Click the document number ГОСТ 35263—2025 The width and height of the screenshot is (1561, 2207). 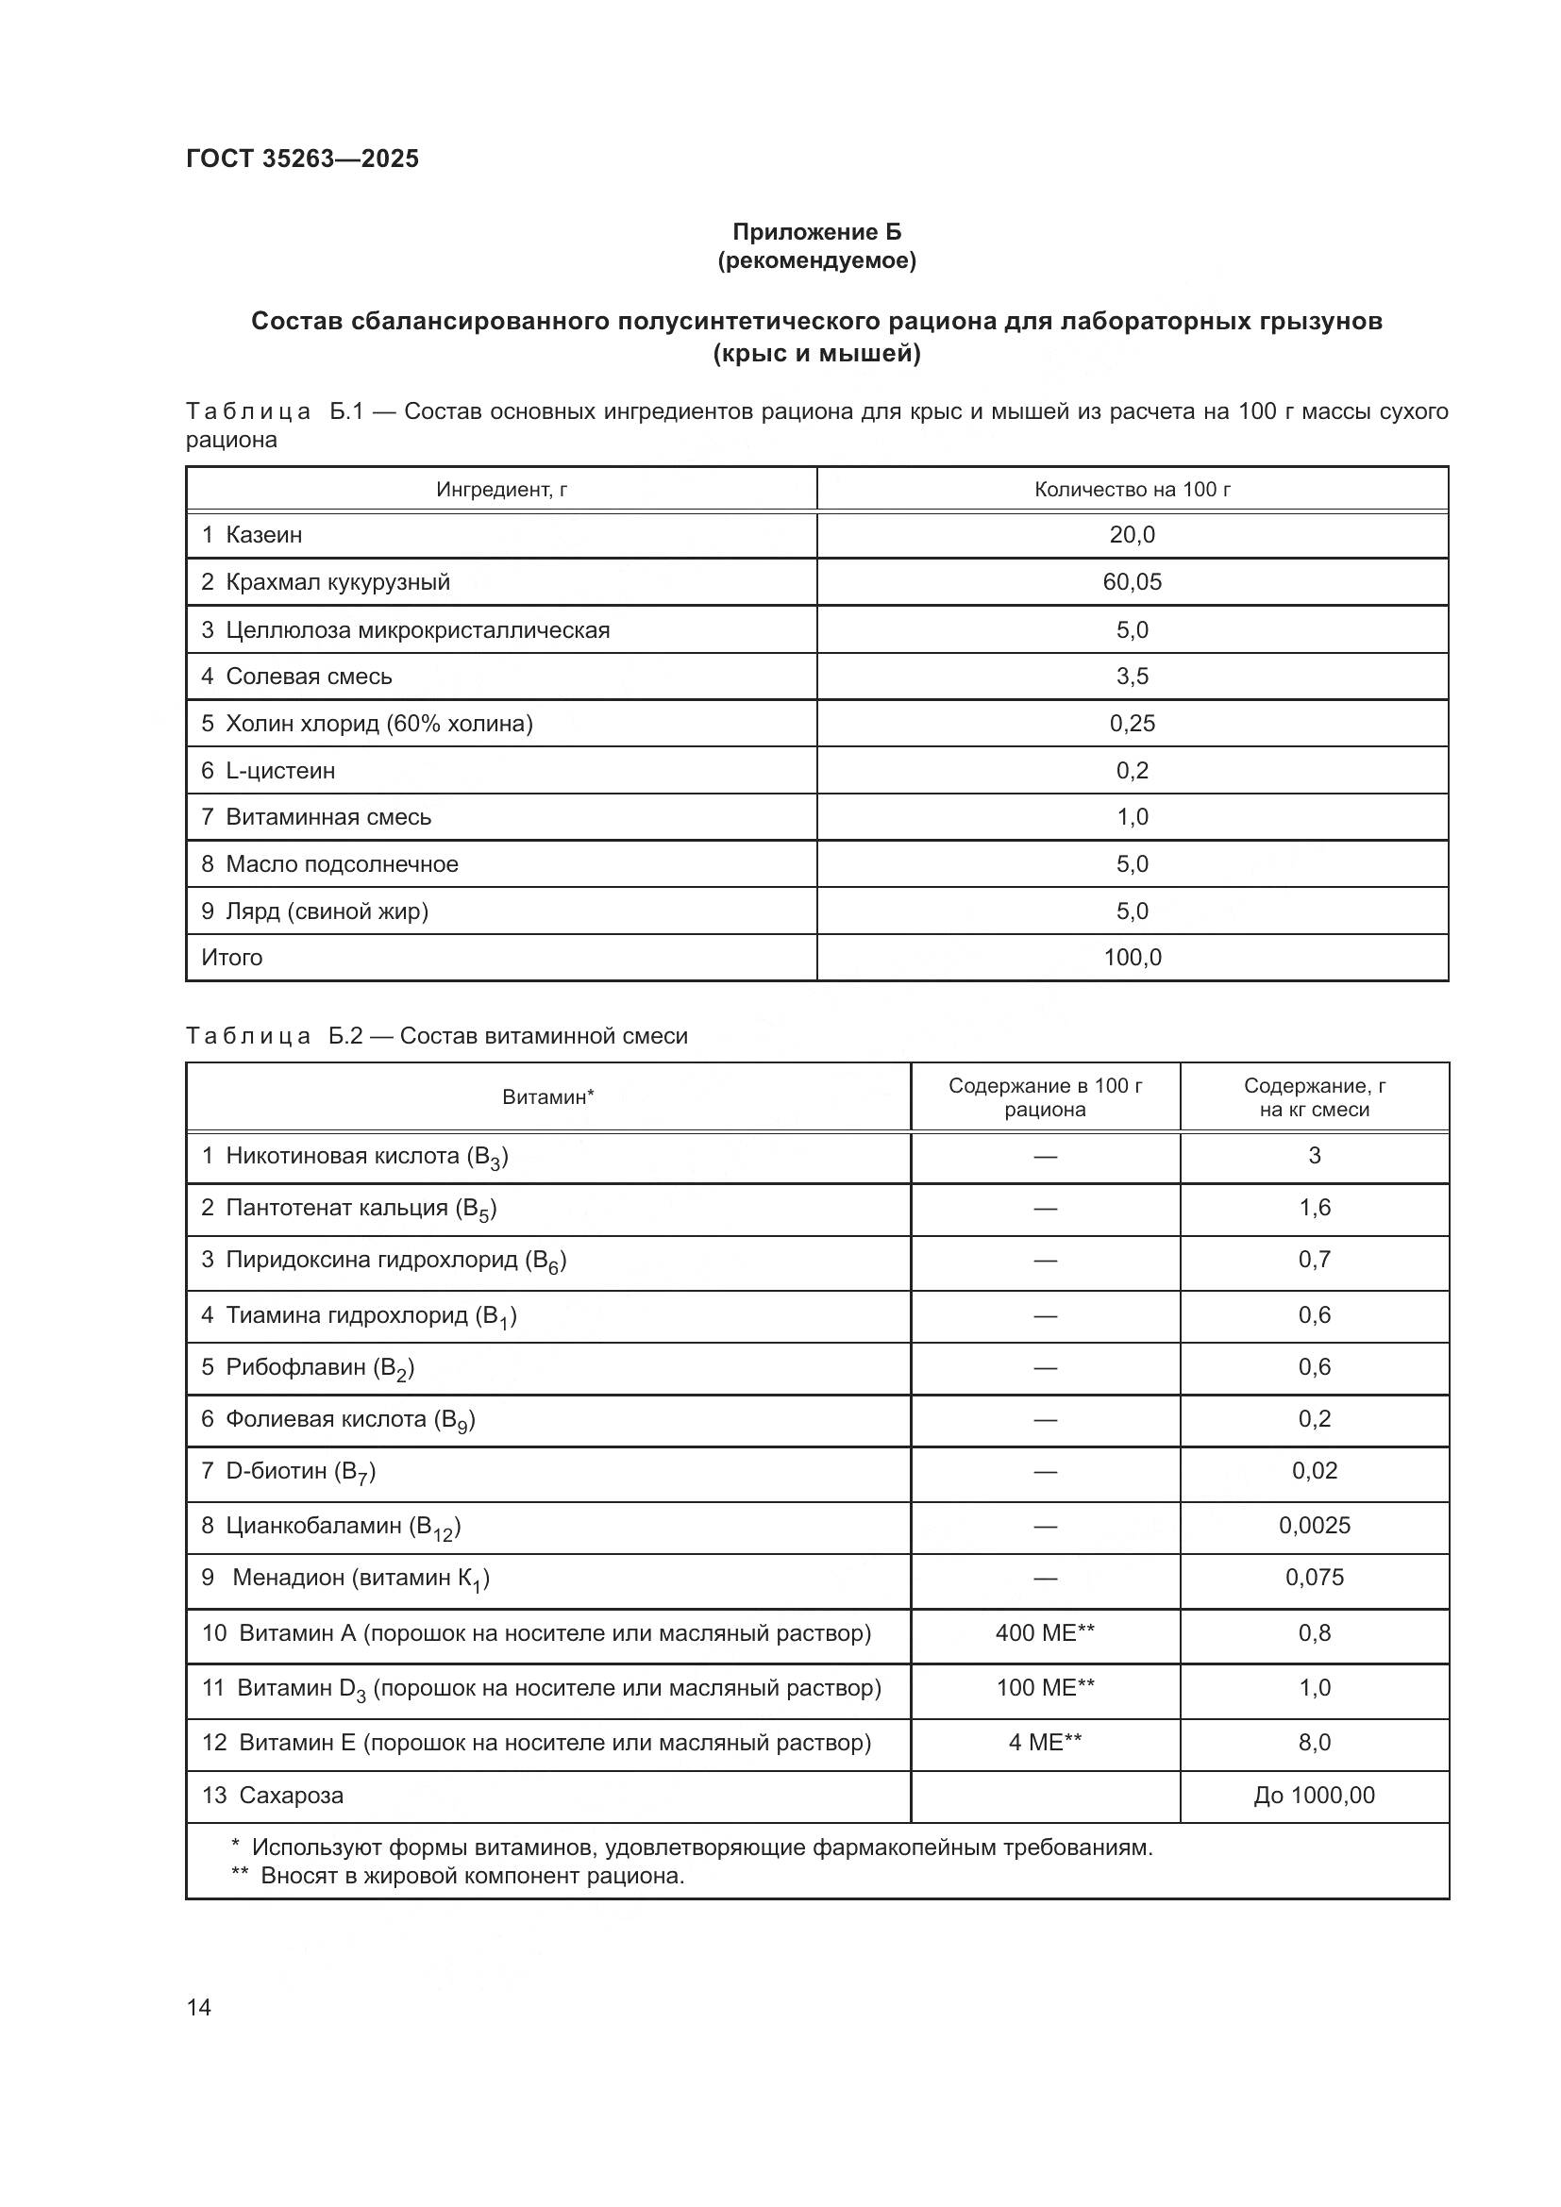302,159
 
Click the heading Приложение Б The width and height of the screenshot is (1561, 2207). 816,232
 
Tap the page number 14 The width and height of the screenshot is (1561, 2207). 199,2007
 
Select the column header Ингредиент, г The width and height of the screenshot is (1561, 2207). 501,490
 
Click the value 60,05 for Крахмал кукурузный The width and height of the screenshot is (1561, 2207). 1132,581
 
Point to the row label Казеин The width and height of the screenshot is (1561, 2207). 263,534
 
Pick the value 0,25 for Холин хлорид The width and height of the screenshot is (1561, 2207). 1132,723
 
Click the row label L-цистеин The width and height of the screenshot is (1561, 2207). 279,770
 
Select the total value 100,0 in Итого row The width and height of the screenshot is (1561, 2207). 1132,958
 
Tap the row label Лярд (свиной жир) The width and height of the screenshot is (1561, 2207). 326,911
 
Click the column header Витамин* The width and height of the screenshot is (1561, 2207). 548,1096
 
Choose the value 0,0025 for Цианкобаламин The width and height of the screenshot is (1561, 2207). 1314,1526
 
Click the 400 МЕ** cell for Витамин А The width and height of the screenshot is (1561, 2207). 1045,1632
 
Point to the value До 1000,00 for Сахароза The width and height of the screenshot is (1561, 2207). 1314,1795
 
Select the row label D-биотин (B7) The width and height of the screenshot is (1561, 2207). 299,1472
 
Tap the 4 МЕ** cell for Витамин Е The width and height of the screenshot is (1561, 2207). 1045,1742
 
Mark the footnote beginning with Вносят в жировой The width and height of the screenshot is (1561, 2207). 471,1876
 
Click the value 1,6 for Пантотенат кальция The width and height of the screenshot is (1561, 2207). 1314,1208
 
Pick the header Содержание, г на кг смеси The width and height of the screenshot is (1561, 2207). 1314,1096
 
